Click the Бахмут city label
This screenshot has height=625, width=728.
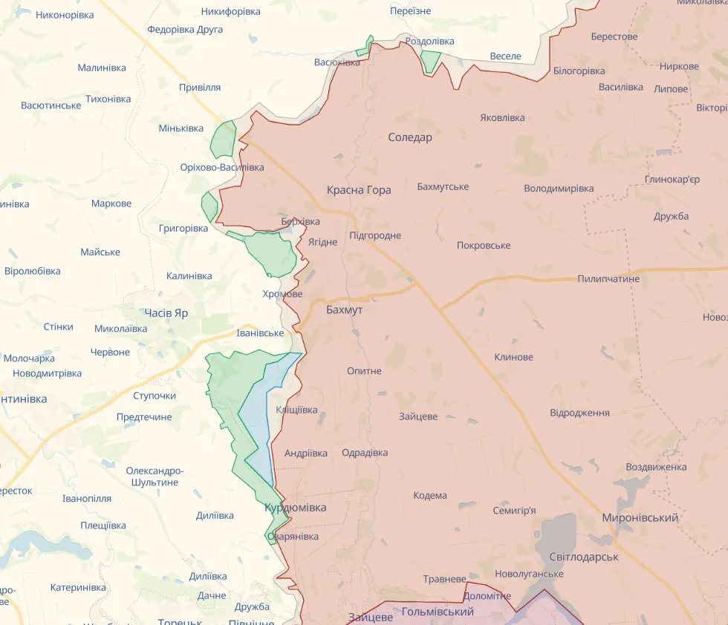[344, 310]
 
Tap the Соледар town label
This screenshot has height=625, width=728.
[409, 137]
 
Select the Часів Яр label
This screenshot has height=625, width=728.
[166, 313]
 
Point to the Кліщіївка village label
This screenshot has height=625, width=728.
[296, 410]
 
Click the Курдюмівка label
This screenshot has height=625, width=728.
[295, 508]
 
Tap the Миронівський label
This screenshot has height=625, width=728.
[640, 517]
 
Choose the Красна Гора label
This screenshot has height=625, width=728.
[359, 190]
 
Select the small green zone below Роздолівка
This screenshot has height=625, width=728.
[430, 61]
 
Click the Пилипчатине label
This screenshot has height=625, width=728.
[608, 279]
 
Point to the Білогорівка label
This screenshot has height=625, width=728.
[579, 71]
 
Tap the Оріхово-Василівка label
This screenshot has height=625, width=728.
[221, 168]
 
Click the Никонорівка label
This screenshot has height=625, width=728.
[65, 15]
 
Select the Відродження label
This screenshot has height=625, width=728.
[579, 413]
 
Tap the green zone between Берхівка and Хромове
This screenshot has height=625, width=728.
[273, 253]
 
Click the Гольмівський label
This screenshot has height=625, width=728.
[438, 612]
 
